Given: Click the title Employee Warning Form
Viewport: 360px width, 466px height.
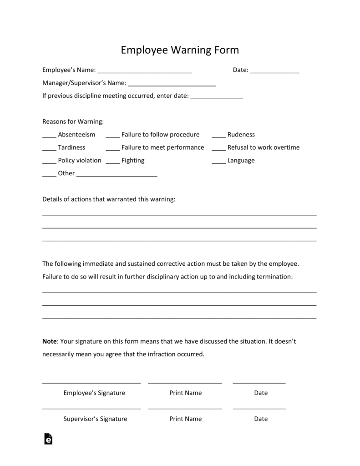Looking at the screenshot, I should point(180,50).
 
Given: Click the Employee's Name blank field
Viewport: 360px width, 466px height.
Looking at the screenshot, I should point(145,71).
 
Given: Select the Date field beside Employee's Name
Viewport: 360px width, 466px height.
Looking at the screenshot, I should point(274,71).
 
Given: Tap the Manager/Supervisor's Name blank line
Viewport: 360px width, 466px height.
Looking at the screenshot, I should point(172,84).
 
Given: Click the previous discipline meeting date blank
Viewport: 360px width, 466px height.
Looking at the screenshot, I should point(217,96).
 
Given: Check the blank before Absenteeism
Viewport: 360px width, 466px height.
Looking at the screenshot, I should point(49,135).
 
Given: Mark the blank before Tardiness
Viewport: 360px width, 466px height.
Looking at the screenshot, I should point(49,148).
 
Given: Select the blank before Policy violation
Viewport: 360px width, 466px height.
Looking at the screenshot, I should point(49,161).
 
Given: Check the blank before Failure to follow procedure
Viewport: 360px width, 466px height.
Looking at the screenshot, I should point(112,135).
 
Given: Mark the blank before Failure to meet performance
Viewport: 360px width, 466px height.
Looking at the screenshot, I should point(112,148).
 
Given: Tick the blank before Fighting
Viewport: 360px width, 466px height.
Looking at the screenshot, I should point(112,161).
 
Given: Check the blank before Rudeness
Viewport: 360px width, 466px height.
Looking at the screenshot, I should point(218,135).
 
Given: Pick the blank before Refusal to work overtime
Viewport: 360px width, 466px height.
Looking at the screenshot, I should point(218,148).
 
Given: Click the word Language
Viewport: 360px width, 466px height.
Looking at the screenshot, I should point(241,161).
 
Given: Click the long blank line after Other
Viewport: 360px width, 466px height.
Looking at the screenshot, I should point(117,174).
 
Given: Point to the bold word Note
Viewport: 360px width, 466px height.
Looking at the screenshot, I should point(50,341).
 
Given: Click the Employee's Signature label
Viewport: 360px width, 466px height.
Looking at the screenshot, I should point(94,393).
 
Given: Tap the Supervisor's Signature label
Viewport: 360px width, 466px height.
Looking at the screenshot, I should point(95,419).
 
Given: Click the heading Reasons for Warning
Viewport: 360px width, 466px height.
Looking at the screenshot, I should point(73,122).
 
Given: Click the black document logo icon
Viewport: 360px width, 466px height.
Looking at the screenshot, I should point(48,439).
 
